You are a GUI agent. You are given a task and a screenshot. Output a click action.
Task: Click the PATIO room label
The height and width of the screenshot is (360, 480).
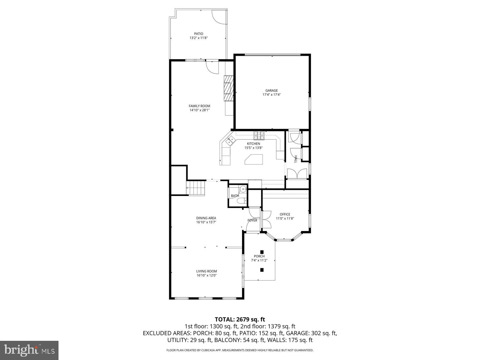click(198, 34)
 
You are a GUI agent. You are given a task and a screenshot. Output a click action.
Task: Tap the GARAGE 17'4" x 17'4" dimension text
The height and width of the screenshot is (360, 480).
click(271, 95)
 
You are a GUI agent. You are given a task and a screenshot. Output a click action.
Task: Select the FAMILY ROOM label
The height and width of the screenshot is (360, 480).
click(199, 106)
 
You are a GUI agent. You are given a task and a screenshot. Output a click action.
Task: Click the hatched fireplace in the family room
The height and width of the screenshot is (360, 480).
click(229, 88)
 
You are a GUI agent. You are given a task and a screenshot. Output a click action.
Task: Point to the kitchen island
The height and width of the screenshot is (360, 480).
click(253, 159)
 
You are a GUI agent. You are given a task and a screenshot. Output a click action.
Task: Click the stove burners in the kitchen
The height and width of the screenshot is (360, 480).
click(259, 136)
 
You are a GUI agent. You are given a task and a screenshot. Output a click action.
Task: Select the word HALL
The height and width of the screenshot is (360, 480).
click(295, 159)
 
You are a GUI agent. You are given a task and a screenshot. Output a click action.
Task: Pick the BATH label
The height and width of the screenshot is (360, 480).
click(235, 196)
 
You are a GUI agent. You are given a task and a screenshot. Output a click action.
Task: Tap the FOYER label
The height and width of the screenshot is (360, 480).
click(252, 220)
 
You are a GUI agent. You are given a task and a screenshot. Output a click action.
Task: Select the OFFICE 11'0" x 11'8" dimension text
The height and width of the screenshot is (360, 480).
click(285, 218)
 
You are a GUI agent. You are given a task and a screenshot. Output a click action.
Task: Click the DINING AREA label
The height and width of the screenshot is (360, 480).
click(206, 218)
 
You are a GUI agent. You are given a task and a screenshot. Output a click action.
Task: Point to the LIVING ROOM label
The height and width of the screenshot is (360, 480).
click(206, 271)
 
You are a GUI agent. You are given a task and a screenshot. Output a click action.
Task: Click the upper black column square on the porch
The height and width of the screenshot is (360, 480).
click(262, 252)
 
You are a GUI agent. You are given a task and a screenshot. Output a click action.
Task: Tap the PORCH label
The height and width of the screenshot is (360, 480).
click(259, 256)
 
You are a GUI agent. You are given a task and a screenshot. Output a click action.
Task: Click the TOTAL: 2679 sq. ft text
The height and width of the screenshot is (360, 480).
click(240, 319)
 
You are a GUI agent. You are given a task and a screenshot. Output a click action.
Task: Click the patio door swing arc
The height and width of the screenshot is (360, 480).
click(218, 17)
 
